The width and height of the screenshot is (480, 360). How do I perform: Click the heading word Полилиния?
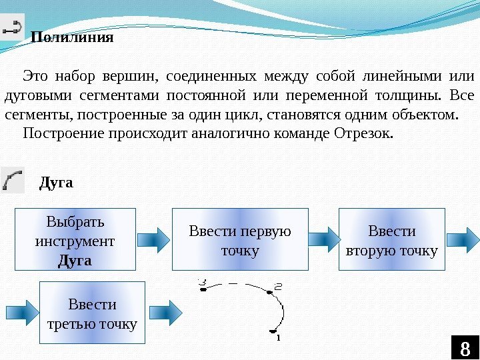click(73, 37)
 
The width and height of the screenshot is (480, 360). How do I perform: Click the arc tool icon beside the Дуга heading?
click(13, 179)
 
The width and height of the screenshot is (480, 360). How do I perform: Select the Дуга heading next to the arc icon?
click(57, 182)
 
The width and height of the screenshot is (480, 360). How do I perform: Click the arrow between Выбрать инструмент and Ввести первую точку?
click(154, 238)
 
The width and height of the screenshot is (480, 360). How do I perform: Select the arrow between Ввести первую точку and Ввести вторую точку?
click(324, 238)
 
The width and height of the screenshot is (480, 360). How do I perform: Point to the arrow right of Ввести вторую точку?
click(463, 238)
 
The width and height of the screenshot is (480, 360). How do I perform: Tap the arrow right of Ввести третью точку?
click(165, 311)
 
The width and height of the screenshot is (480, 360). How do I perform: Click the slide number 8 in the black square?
click(465, 348)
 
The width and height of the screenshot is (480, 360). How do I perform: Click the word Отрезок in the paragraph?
click(367, 133)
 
